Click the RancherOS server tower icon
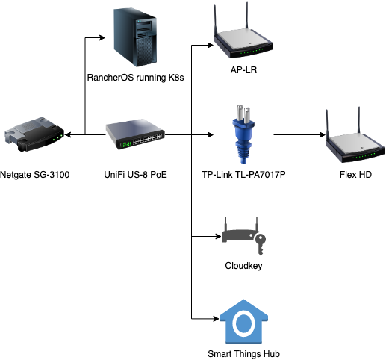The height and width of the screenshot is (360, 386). click(135, 37)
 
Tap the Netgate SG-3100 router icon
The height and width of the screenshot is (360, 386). click(34, 134)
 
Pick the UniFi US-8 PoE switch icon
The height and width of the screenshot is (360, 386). click(135, 134)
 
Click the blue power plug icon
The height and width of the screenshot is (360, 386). click(243, 134)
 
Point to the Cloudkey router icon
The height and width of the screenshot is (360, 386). click(243, 235)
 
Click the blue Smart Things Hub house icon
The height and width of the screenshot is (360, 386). click(243, 322)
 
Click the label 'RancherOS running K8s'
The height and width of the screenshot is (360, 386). click(135, 78)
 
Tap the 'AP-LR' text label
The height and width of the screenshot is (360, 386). click(243, 70)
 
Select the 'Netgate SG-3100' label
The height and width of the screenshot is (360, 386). click(34, 175)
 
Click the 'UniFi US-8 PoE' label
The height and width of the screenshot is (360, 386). click(135, 175)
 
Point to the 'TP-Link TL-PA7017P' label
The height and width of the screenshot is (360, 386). click(243, 175)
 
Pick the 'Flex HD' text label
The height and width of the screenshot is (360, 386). click(355, 175)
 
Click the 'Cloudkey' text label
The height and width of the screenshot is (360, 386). click(243, 266)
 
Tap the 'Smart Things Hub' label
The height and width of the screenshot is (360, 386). click(243, 354)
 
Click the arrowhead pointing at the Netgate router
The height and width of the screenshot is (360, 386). click(68, 134)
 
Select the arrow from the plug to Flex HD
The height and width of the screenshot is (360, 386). click(299, 134)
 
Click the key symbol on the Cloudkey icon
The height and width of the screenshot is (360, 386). click(261, 244)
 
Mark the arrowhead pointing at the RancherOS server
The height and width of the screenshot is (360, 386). click(102, 37)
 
